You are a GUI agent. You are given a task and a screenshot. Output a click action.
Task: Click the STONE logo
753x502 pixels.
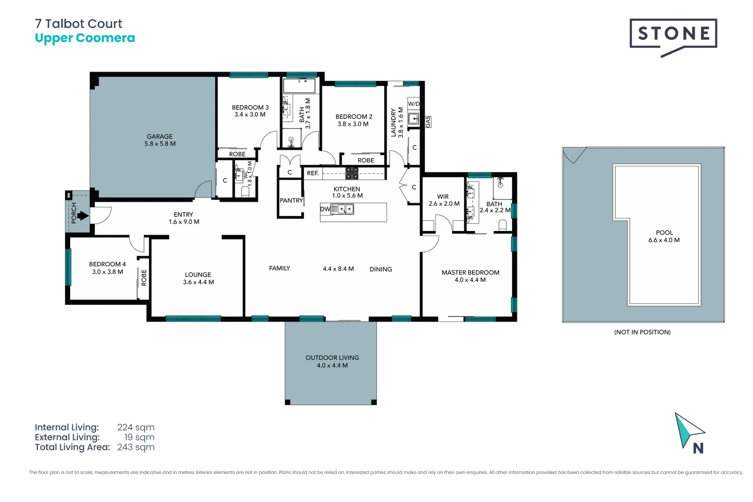673,34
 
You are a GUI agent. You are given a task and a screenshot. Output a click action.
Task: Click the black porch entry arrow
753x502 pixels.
83,216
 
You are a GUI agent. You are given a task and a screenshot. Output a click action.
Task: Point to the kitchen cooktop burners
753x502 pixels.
352,173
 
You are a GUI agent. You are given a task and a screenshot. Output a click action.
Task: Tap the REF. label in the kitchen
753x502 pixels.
313,173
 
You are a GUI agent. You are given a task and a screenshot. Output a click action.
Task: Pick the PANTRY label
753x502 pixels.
291,200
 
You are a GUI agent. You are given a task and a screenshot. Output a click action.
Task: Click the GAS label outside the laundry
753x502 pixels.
428,122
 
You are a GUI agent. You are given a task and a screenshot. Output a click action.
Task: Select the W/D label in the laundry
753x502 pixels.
413,104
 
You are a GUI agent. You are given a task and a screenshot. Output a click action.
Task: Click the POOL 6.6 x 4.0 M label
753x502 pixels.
664,236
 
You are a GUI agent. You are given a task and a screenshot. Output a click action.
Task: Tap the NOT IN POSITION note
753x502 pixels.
642,332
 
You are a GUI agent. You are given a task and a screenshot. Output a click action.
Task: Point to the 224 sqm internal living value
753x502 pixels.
136,427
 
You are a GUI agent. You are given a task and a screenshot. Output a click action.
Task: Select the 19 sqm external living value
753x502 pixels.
139,437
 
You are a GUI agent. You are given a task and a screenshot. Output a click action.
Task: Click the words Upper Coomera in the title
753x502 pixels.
85,38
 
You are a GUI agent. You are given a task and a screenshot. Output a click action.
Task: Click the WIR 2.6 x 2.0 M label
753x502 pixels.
444,200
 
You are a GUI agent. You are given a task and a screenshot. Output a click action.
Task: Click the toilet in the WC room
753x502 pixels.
245,192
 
